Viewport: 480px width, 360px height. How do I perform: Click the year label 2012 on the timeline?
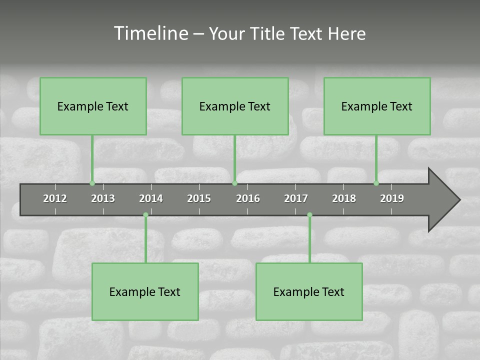point(55,198)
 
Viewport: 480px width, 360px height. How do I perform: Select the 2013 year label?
point(103,198)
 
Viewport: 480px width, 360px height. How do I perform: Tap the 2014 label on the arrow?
point(151,198)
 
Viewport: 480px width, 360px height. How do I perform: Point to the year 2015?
point(199,198)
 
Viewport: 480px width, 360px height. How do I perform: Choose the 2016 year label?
point(248,198)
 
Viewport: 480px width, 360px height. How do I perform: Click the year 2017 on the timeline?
point(296,198)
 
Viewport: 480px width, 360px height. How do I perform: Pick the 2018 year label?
point(344,198)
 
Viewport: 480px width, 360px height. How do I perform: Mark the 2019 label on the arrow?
point(392,198)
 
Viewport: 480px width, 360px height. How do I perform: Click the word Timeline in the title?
point(150,33)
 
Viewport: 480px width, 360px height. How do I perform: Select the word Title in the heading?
point(267,33)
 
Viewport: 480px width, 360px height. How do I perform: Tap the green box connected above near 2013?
point(93,106)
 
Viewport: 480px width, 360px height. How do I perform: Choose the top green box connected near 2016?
point(235,106)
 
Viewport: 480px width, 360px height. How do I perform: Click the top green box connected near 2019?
point(377,106)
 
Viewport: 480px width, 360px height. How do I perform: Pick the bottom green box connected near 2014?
point(145,291)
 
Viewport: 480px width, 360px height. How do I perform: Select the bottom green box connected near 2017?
point(309,291)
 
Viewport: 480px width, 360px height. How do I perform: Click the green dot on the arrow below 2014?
point(145,215)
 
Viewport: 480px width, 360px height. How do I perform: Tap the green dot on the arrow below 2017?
point(309,215)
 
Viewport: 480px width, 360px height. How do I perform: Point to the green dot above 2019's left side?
point(376,183)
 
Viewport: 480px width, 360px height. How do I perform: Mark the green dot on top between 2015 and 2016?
point(234,183)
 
